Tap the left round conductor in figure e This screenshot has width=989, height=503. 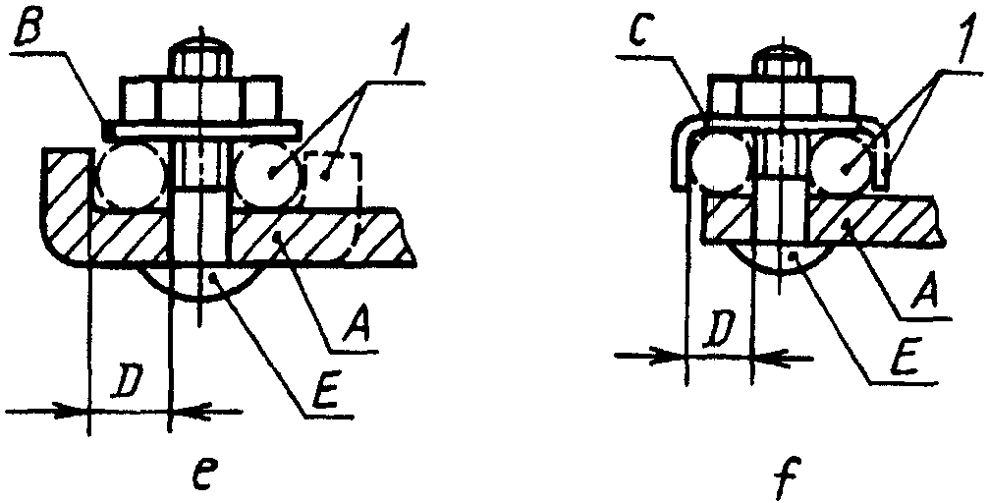(134, 178)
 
